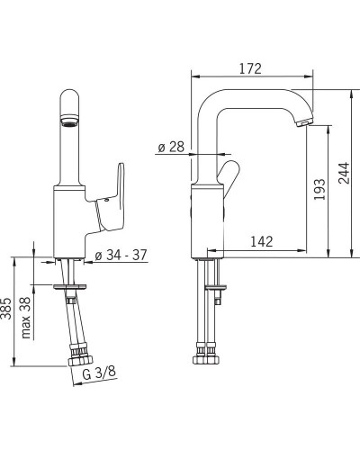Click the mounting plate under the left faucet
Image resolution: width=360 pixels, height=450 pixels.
73,287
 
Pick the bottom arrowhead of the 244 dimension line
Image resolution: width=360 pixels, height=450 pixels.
348,256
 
